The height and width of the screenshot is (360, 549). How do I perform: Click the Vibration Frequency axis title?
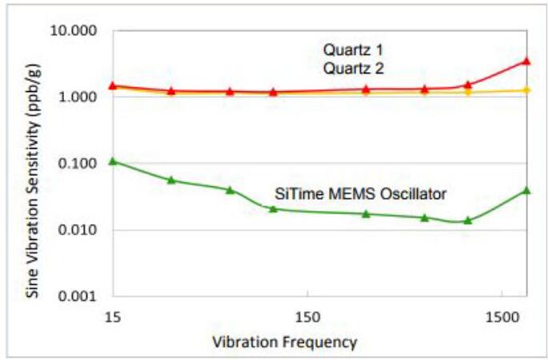(284, 342)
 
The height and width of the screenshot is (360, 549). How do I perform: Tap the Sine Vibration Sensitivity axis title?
(33, 164)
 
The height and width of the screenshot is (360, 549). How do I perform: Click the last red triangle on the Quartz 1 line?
(526, 60)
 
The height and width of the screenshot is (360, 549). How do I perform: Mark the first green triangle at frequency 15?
(113, 161)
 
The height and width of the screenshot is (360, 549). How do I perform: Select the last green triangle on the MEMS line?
(526, 190)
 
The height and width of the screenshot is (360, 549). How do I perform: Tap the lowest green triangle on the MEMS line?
(468, 220)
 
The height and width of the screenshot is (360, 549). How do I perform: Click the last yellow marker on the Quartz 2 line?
(526, 90)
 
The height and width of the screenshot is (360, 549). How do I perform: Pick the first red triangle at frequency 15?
(113, 85)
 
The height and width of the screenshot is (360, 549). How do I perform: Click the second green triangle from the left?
(171, 180)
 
